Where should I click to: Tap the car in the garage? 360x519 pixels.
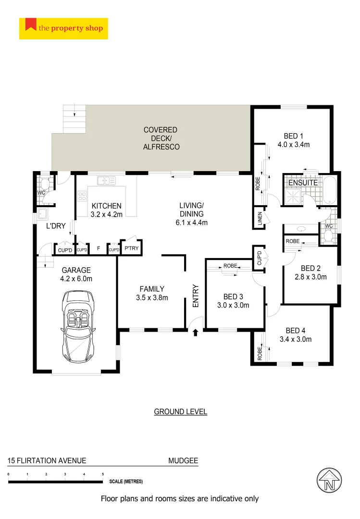[77, 327]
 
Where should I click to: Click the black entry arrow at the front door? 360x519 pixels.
[195, 332]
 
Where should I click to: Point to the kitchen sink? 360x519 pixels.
[106, 181]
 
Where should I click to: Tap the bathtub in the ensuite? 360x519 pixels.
[330, 190]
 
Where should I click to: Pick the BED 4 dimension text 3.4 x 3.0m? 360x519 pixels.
[296, 339]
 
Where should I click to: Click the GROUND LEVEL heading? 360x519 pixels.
[180, 412]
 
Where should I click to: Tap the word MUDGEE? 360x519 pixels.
[183, 460]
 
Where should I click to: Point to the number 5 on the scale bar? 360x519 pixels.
[102, 474]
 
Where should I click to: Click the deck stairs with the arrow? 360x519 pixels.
[74, 118]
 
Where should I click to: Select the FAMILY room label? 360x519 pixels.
[152, 289]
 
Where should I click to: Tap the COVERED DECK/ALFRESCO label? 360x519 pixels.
[161, 138]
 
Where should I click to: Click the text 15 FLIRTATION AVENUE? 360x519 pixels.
[47, 460]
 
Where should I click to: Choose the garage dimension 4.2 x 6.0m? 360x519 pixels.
[76, 278]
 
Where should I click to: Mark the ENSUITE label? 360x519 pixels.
[303, 183]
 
